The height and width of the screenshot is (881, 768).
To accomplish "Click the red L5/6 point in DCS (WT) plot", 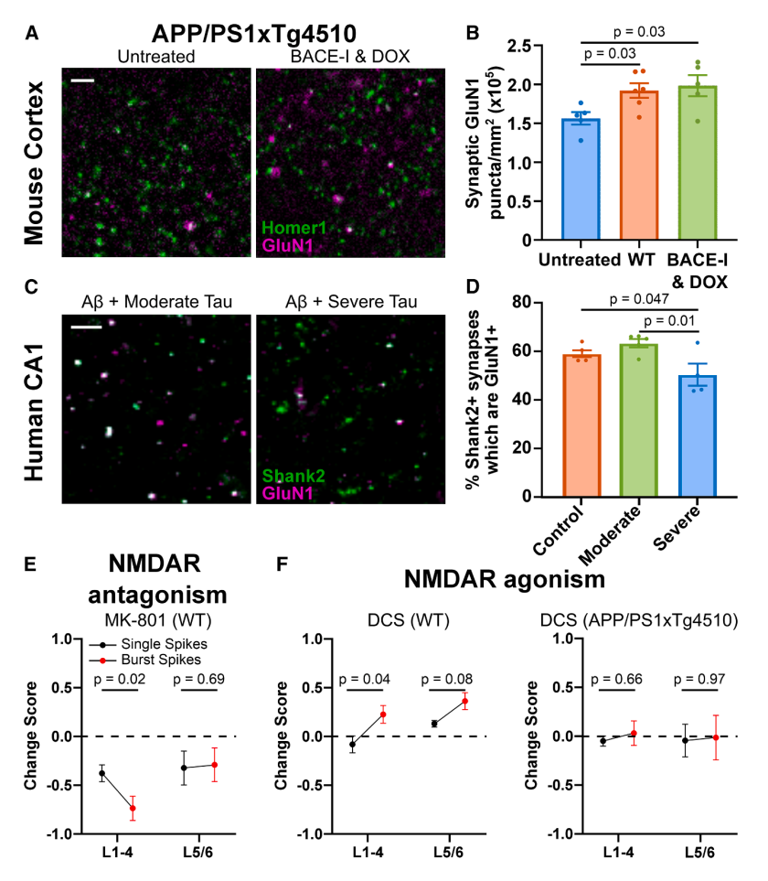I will pos(464,702).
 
